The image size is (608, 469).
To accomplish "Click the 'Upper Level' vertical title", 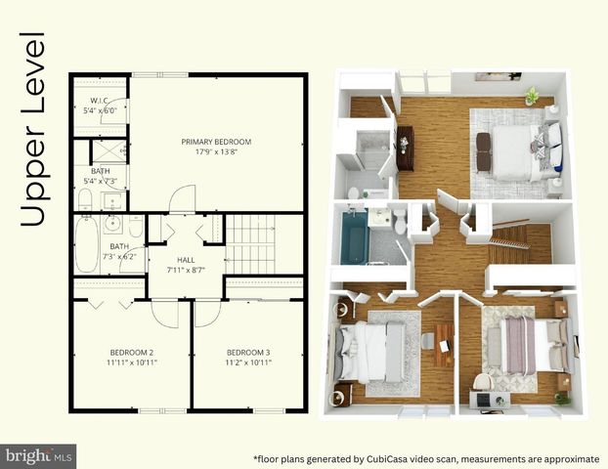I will [x=35, y=130].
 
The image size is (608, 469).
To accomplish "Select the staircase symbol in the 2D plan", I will [x=250, y=245].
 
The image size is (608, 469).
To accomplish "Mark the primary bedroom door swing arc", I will [x=183, y=198].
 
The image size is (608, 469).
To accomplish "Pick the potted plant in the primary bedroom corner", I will [x=531, y=96].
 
